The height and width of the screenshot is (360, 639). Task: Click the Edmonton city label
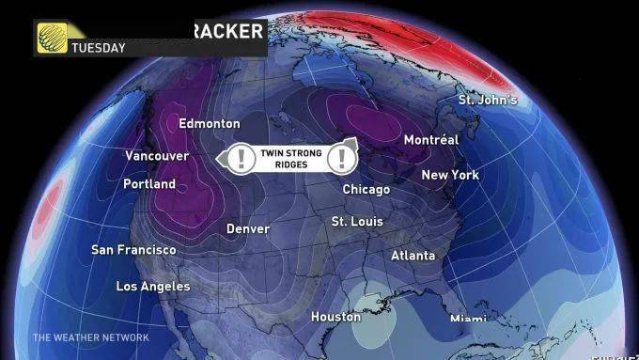tap(209, 124)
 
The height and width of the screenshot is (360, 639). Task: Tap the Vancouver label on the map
tap(157, 156)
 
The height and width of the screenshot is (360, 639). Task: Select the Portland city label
tap(149, 184)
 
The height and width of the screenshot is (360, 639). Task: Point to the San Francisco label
tap(133, 250)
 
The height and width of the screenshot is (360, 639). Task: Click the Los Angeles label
tap(152, 286)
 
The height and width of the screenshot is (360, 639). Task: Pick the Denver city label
tap(248, 229)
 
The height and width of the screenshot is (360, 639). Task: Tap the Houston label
tap(335, 317)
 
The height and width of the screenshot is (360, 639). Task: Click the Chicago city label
tap(366, 190)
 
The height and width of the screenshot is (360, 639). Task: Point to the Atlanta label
tap(413, 256)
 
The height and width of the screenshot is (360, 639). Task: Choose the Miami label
tap(468, 319)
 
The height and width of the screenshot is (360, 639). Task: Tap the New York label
tap(450, 175)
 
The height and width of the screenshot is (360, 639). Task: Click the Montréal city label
tap(430, 140)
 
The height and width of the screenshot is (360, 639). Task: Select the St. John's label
tap(488, 100)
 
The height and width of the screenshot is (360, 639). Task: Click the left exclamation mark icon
tap(242, 158)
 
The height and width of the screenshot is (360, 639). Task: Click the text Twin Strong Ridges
tap(293, 158)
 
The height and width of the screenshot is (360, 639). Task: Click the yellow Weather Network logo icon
tap(51, 38)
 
